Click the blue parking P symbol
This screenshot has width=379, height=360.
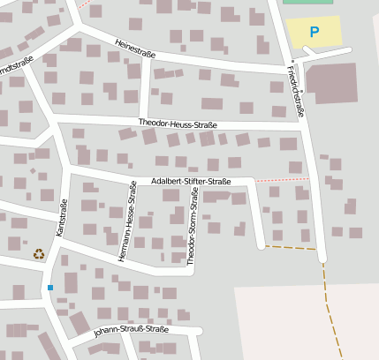pos(314,33)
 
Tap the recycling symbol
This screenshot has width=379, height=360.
pos(39,254)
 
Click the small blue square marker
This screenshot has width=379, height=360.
pos(50,288)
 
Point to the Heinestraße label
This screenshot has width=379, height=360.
pos(135,48)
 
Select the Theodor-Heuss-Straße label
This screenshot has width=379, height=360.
pos(178,124)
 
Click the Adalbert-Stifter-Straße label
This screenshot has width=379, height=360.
pos(191,182)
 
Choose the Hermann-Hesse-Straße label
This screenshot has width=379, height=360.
pos(128,221)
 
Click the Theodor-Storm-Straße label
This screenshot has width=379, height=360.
pos(193,228)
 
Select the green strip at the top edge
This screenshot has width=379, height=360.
pos(308,2)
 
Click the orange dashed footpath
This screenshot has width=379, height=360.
pos(329,300)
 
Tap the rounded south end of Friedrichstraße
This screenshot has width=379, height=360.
pos(322,259)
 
